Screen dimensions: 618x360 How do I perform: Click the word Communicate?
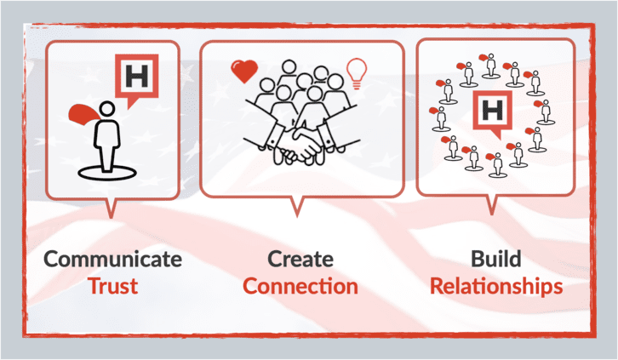(x=112, y=260)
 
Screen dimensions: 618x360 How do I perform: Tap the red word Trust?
(x=112, y=286)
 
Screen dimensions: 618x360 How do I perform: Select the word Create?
(x=300, y=260)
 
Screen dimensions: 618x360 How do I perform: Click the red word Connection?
(x=300, y=286)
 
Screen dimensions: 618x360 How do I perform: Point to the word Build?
(x=495, y=260)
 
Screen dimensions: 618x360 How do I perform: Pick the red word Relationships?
(x=495, y=287)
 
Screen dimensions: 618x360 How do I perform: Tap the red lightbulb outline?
(x=357, y=74)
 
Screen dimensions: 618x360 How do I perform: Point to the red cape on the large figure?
(x=84, y=114)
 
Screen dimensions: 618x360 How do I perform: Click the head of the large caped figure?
(x=106, y=109)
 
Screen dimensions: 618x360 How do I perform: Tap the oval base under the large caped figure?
(x=107, y=173)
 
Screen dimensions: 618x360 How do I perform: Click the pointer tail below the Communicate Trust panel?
(x=111, y=208)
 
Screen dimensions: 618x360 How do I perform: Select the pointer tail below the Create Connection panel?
(x=297, y=207)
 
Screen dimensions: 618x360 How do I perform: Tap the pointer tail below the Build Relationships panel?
(x=491, y=205)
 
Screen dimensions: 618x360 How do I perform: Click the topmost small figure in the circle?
(x=490, y=66)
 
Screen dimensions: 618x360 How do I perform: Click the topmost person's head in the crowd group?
(x=289, y=67)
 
